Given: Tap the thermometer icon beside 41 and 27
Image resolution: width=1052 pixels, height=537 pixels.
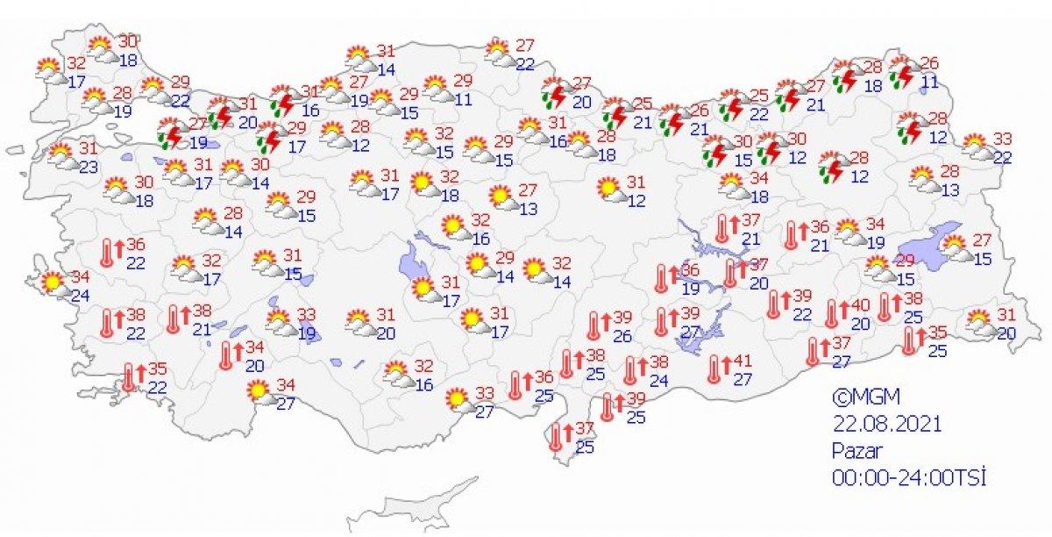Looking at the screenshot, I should [716, 369].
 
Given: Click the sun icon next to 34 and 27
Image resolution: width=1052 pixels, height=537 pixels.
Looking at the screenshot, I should [259, 390].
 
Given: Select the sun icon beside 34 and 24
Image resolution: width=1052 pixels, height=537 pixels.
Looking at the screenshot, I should [53, 283].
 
